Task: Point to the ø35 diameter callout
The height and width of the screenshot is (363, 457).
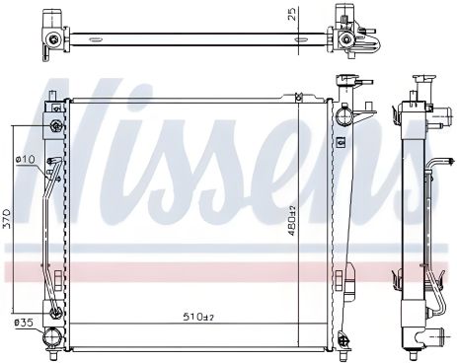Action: point(22,323)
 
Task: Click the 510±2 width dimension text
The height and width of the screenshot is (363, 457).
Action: point(199,317)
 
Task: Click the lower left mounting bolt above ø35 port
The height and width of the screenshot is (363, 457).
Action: point(55,315)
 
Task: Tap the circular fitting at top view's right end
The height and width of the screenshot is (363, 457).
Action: point(345,39)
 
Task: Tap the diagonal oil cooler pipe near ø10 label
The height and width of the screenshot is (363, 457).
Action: point(44,197)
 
